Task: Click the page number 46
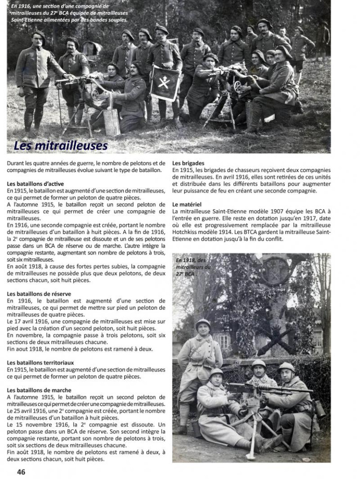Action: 21,472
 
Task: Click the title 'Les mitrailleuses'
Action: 61,146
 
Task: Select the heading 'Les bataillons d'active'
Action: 35,184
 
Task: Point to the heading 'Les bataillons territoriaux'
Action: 41,362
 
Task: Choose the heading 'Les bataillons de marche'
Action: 39,390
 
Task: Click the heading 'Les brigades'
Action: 188,163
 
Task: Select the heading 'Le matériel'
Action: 187,204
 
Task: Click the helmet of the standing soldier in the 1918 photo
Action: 203,323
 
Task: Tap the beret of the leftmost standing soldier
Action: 38,34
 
